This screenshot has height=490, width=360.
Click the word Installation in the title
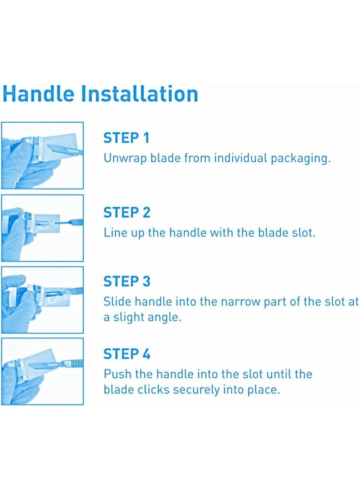pyautogui.click(x=139, y=94)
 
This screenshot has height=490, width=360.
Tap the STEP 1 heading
pyautogui.click(x=126, y=138)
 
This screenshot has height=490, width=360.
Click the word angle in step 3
pyautogui.click(x=162, y=317)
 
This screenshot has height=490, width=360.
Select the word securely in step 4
pyautogui.click(x=196, y=389)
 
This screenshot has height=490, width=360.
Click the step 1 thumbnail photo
pyautogui.click(x=42, y=155)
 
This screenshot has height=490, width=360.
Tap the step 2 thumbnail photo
pyautogui.click(x=42, y=228)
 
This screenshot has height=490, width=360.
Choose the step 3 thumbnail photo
pyautogui.click(x=42, y=300)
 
